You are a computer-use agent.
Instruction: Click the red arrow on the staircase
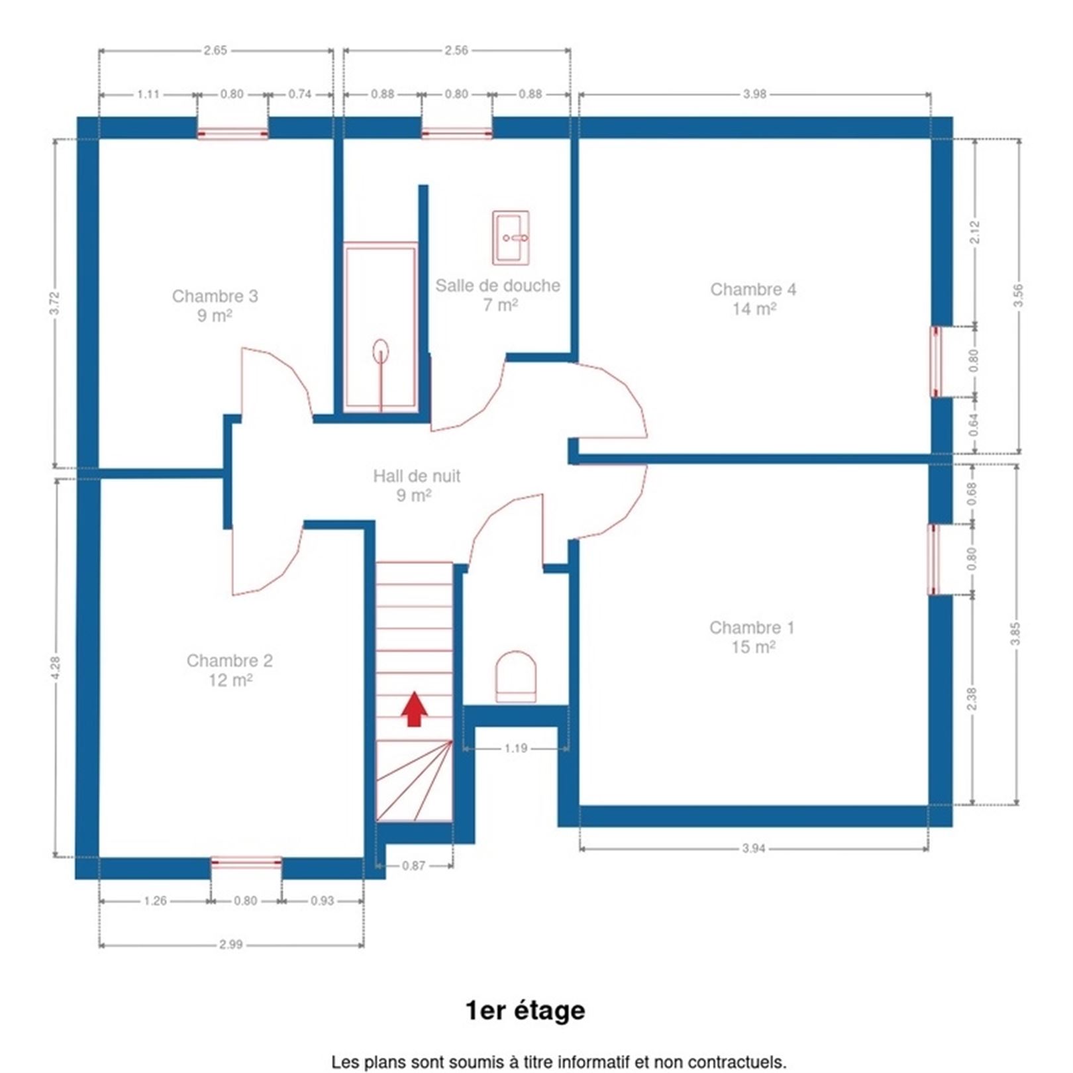point(415,709)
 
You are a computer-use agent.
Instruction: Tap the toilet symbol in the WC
point(516,676)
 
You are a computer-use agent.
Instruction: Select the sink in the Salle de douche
point(511,238)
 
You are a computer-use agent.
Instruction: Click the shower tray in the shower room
point(381,327)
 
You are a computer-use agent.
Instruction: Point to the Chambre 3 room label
point(215,305)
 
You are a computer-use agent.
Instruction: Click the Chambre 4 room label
point(754,299)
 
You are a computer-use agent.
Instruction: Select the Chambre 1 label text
point(752,637)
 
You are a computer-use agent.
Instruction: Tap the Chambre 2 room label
point(230,670)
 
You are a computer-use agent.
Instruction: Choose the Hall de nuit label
point(416,485)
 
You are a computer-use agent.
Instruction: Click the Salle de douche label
point(497,295)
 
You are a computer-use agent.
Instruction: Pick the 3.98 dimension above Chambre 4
point(754,94)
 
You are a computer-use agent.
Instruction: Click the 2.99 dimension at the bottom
point(231,945)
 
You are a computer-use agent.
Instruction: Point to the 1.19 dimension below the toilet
point(516,748)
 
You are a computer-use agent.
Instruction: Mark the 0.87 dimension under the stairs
point(414,866)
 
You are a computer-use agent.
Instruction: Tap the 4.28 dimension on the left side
point(56,668)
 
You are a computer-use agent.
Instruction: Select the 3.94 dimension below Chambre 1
point(754,848)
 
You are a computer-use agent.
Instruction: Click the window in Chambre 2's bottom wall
point(246,863)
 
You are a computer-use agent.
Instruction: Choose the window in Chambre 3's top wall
point(232,133)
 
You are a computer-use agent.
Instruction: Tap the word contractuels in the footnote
point(739,1062)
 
